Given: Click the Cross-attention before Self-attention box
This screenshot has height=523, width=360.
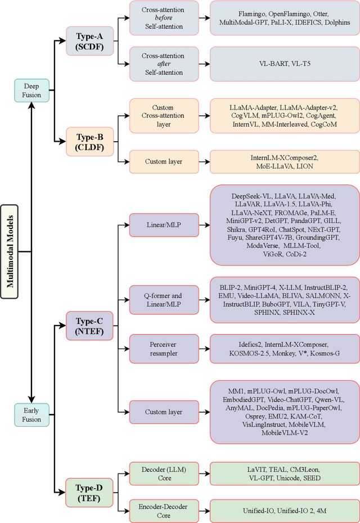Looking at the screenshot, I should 163,17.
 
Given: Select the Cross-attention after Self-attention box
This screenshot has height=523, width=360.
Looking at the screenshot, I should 163,64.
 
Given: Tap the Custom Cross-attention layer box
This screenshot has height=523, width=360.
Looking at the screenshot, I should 163,115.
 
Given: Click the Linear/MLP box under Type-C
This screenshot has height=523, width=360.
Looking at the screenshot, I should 163,225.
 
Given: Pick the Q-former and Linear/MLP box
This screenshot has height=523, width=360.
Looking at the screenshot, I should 163,300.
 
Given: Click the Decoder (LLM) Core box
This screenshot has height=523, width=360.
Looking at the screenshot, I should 163,473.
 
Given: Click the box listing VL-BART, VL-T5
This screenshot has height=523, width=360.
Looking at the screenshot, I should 283,64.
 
